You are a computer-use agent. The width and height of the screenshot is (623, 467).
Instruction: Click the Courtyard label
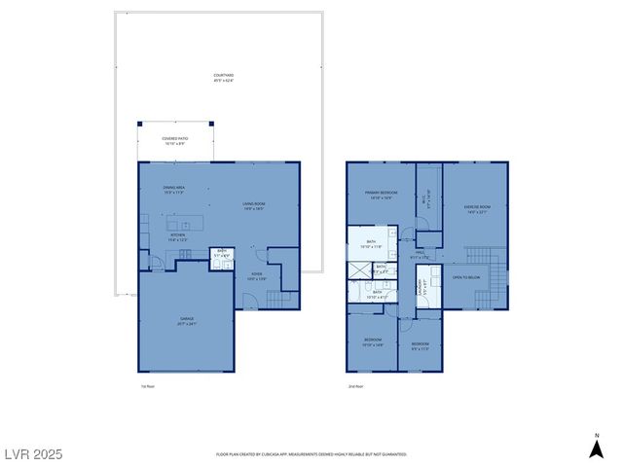[224, 77]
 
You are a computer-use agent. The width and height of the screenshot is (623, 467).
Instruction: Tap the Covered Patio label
[175, 142]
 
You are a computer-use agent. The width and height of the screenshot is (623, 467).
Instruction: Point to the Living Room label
[254, 205]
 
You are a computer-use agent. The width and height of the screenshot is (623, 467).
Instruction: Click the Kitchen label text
[177, 236]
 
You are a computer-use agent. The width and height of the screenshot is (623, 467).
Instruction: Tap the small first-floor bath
[222, 254]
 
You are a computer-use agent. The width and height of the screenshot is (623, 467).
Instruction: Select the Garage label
[186, 320]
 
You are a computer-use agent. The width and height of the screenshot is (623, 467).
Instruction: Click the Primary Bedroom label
[379, 195]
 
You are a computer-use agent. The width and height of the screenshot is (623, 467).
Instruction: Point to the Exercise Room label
[476, 209]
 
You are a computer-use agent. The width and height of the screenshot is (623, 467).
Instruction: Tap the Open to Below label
[466, 277]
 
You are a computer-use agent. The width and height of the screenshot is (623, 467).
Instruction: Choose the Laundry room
[421, 288]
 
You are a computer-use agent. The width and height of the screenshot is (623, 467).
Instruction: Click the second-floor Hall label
[420, 256]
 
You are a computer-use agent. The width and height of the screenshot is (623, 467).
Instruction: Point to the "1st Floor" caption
[147, 386]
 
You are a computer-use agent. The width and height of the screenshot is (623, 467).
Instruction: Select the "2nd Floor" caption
[355, 386]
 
